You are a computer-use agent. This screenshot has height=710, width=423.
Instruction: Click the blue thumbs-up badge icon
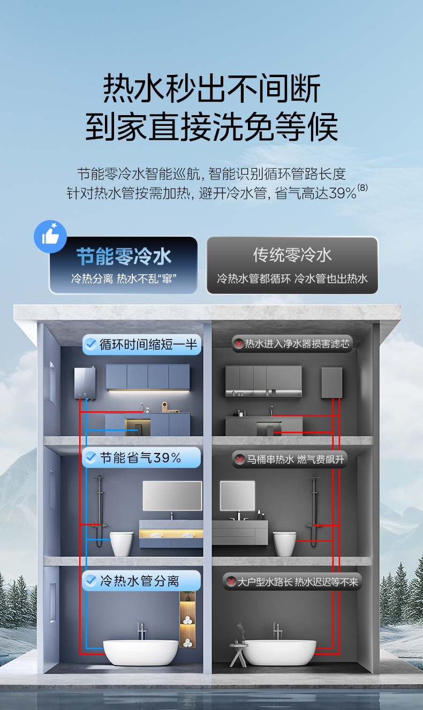pos(50,236)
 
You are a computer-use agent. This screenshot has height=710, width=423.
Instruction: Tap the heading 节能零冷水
pos(124,256)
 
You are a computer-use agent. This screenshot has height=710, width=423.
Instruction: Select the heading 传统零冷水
pos(292,255)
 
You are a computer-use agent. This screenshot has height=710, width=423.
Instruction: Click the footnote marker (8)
pos(363,188)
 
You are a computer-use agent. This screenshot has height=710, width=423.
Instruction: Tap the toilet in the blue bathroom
pos(122,543)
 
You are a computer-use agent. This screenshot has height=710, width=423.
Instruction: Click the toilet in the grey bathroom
pos(284,543)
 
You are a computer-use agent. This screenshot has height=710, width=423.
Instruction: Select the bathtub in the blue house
pos(140,652)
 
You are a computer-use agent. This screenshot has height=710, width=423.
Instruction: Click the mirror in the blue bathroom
pos(172,495)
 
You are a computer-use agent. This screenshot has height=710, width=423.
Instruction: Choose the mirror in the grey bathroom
pos(237,495)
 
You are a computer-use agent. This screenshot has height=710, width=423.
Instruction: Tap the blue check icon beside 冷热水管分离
pos(90,581)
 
